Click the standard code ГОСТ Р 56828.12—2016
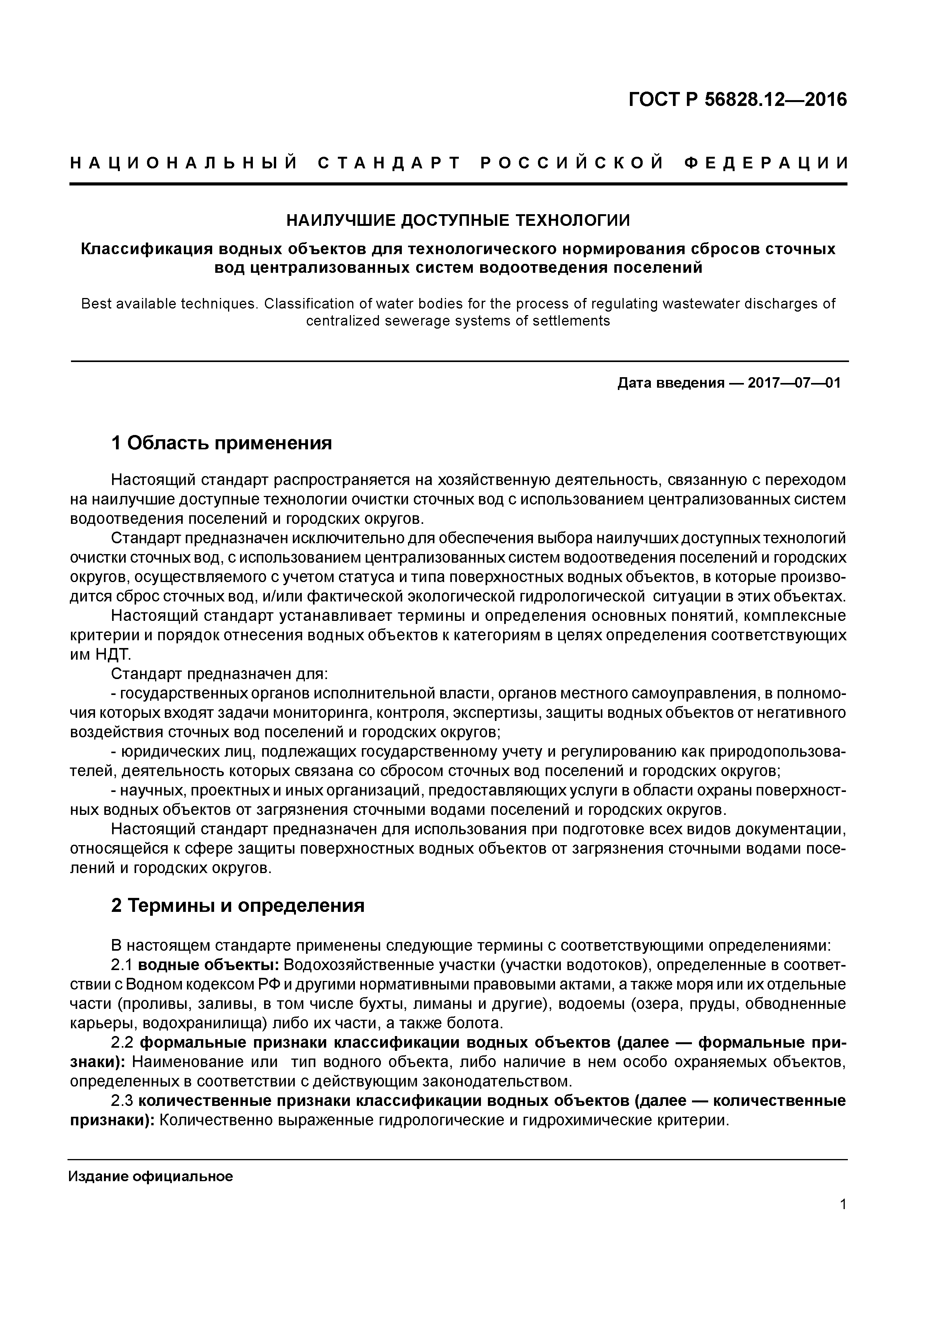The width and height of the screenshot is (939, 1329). (738, 100)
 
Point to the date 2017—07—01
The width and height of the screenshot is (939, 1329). (794, 383)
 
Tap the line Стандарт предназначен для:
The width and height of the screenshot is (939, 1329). (220, 674)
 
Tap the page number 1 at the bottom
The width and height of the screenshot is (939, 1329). (843, 1204)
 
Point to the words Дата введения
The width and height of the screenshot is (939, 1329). (671, 383)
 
